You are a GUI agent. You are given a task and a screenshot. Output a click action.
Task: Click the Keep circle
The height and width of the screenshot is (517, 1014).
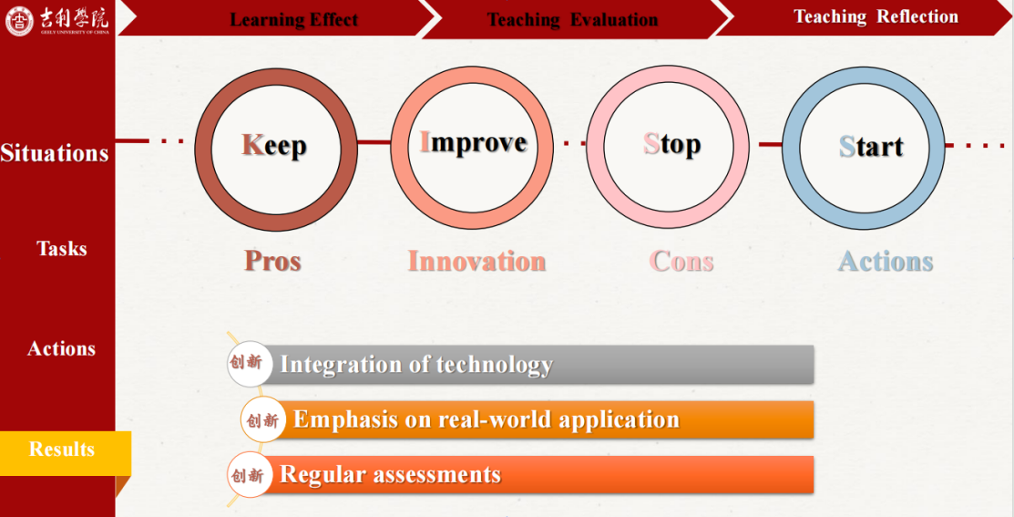(x=204, y=150)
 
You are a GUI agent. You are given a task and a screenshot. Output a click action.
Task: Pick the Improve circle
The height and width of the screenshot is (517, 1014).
(x=400, y=148)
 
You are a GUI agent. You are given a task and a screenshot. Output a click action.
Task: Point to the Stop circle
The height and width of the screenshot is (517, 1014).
(x=596, y=147)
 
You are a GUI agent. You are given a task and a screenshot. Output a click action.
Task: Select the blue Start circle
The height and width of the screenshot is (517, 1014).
(x=792, y=149)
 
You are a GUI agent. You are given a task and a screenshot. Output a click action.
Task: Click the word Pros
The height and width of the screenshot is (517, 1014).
(x=273, y=261)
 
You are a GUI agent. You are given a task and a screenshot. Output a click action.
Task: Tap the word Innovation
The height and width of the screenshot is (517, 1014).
(x=476, y=261)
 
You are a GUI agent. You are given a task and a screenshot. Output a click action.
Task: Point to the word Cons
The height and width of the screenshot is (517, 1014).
(x=681, y=261)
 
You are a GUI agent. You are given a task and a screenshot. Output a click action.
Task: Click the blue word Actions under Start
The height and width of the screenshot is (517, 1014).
(x=886, y=262)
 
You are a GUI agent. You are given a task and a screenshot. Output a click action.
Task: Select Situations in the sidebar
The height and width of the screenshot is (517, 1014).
(x=55, y=153)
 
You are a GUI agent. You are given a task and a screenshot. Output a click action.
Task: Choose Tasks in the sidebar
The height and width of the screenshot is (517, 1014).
(x=61, y=249)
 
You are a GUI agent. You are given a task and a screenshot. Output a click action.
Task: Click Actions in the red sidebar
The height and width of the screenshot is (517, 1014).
(x=61, y=348)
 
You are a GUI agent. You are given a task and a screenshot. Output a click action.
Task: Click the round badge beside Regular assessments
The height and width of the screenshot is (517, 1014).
(x=249, y=475)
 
